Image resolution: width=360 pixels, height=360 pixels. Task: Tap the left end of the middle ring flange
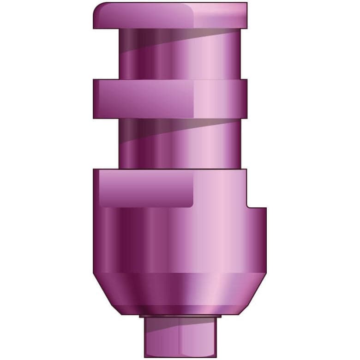coord(96,98)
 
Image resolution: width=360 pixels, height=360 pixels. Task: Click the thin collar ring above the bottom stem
coord(180,317)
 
